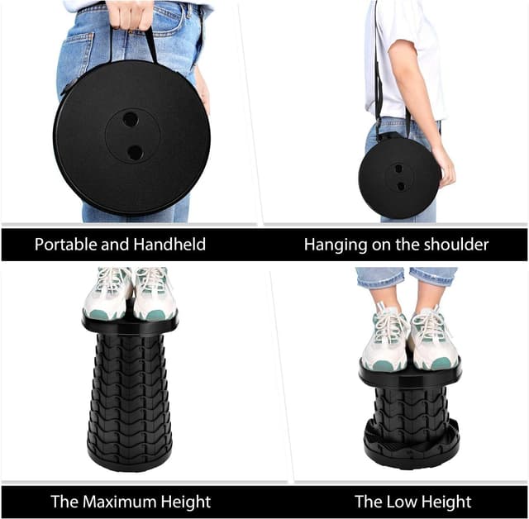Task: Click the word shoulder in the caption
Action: pos(453,245)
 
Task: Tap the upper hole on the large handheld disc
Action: pos(131,119)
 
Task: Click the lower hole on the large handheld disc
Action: pos(134,152)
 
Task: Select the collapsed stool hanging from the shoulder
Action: pos(399,177)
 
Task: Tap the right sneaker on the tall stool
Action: pos(154,295)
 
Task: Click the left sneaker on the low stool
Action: pos(385,339)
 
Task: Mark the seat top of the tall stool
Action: pos(130,326)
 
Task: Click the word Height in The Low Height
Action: pos(445,502)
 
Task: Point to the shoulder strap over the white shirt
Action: pos(378,66)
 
